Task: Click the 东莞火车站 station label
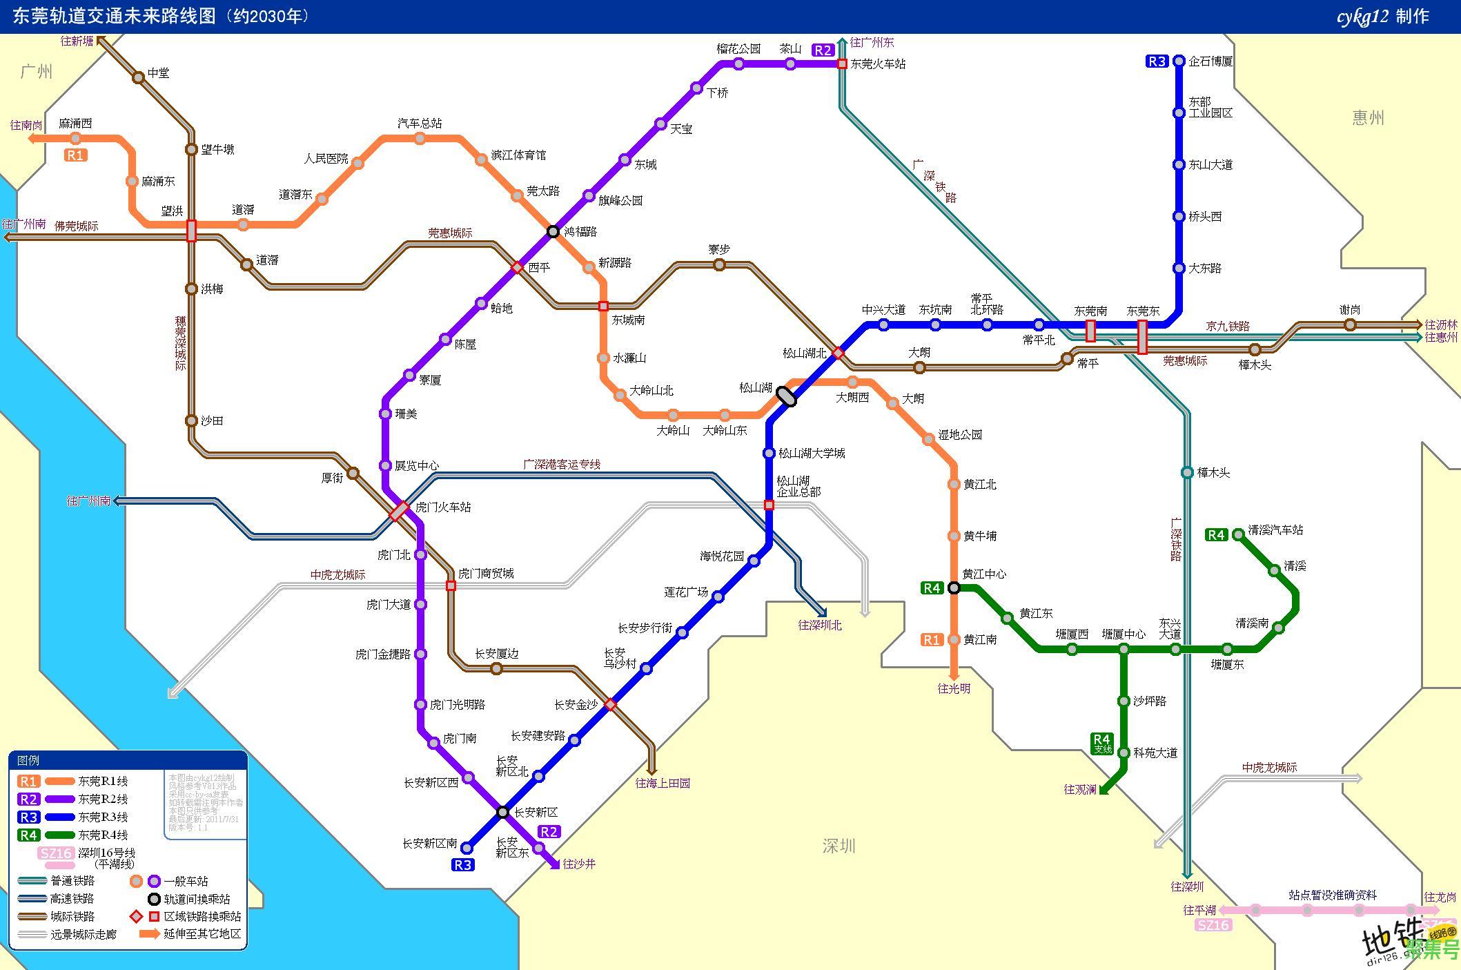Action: pyautogui.click(x=878, y=64)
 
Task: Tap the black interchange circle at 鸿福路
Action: pyautogui.click(x=553, y=231)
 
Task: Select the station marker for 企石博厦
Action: pyautogui.click(x=1179, y=61)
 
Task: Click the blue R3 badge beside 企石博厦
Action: pyautogui.click(x=1157, y=61)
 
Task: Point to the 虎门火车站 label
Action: pyautogui.click(x=443, y=507)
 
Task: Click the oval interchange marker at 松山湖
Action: pyautogui.click(x=786, y=396)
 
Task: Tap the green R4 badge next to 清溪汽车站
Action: pyautogui.click(x=1216, y=534)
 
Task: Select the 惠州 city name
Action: pyautogui.click(x=1368, y=118)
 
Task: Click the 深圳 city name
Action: pyautogui.click(x=839, y=846)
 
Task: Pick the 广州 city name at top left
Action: pyautogui.click(x=36, y=72)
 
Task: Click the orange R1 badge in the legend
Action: pyautogui.click(x=29, y=782)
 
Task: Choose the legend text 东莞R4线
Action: pyautogui.click(x=103, y=835)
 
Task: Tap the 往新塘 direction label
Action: pyautogui.click(x=77, y=41)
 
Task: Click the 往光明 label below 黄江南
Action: pyautogui.click(x=954, y=688)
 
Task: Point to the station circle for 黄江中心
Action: pyautogui.click(x=954, y=588)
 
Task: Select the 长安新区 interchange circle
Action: pyautogui.click(x=503, y=812)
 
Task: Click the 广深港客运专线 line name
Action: pyautogui.click(x=562, y=465)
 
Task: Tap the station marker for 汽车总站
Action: pyautogui.click(x=420, y=139)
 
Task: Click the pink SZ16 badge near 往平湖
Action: pyautogui.click(x=1213, y=925)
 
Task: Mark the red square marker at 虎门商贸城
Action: pyautogui.click(x=451, y=585)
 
